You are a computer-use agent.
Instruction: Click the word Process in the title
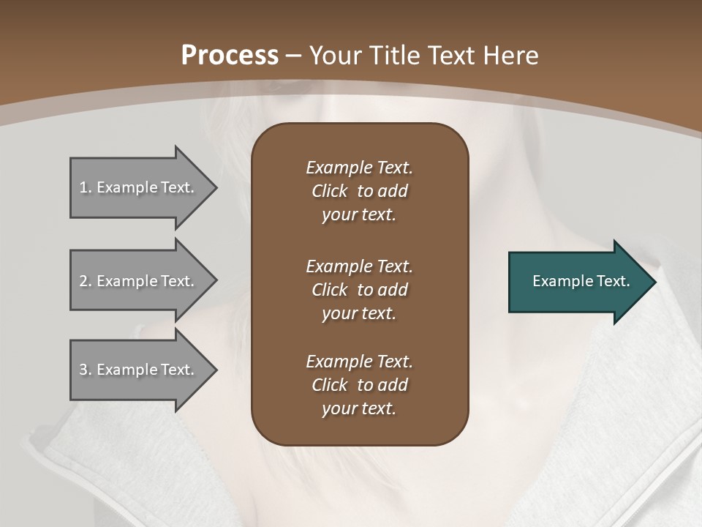click(x=230, y=56)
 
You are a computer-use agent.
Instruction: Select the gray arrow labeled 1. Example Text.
click(x=139, y=187)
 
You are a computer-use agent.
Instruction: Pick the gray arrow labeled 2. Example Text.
click(x=139, y=281)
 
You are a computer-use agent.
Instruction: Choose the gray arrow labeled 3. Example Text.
click(x=139, y=370)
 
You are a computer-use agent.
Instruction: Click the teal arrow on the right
click(x=578, y=282)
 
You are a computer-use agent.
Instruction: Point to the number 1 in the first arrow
click(x=84, y=187)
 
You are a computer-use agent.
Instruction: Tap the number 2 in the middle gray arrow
click(x=84, y=281)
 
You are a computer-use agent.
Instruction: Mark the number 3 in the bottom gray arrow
click(x=84, y=370)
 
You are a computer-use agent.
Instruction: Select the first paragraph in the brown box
click(x=359, y=191)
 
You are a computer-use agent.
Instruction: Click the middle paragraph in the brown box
click(x=359, y=289)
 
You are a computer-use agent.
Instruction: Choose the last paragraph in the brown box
click(x=359, y=385)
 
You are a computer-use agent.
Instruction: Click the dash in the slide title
click(x=293, y=56)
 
